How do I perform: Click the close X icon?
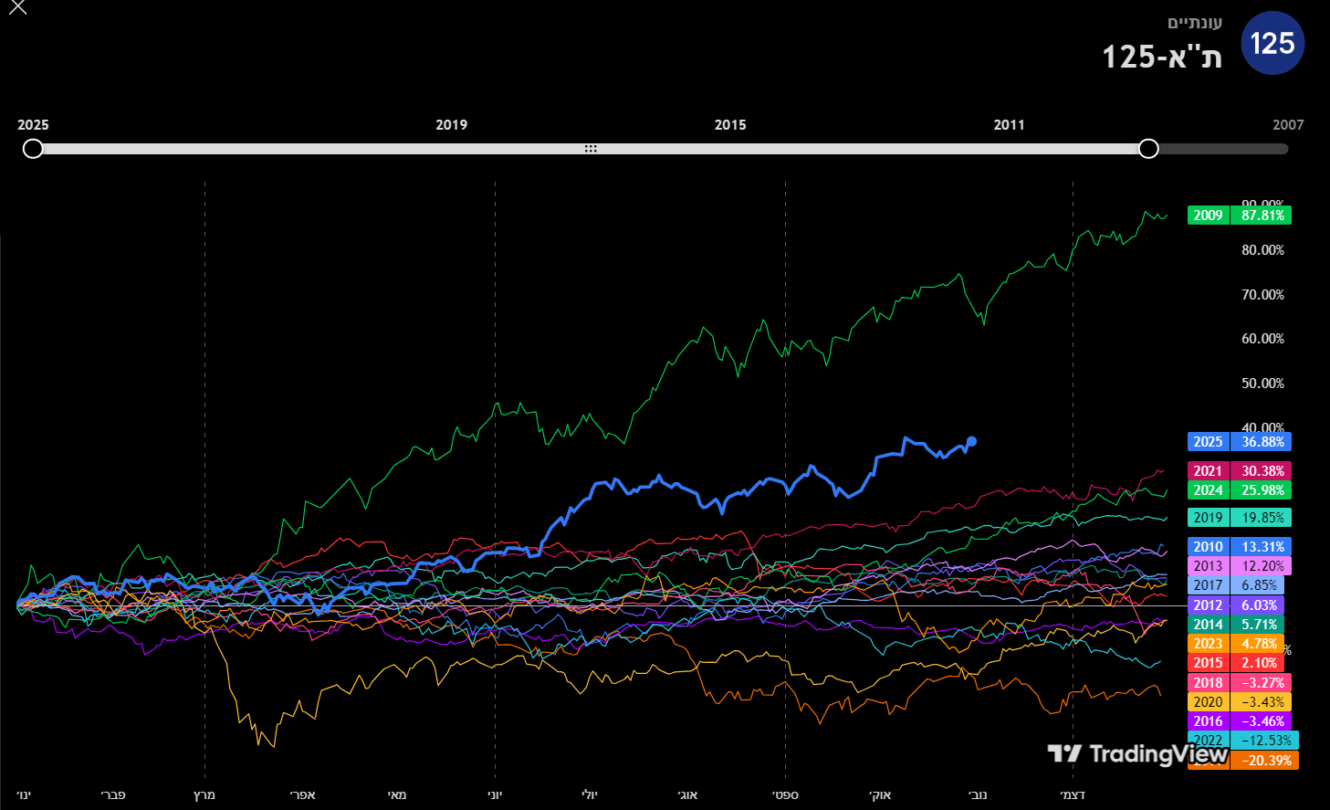tap(17, 8)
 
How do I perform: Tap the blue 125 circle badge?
tap(1272, 43)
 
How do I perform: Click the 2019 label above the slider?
tap(451, 125)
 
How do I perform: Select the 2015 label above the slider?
tap(730, 125)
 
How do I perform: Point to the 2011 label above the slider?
tap(1009, 125)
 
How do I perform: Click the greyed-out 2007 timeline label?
tap(1288, 125)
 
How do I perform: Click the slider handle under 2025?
tap(33, 149)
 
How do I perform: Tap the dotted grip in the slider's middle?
tap(591, 149)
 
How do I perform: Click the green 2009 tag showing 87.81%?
tap(1240, 216)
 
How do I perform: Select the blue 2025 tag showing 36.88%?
tap(1240, 442)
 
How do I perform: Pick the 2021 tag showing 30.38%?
tap(1240, 471)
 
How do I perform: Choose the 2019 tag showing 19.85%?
tap(1240, 518)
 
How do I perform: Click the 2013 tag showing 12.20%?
tap(1240, 566)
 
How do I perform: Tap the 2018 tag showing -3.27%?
tap(1240, 683)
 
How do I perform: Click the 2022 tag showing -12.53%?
tap(1243, 741)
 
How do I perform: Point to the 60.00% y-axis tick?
tap(1262, 339)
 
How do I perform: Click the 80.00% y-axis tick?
tap(1262, 250)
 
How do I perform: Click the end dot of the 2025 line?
tap(971, 441)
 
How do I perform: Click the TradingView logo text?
tap(1157, 754)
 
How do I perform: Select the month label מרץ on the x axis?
tap(204, 794)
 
